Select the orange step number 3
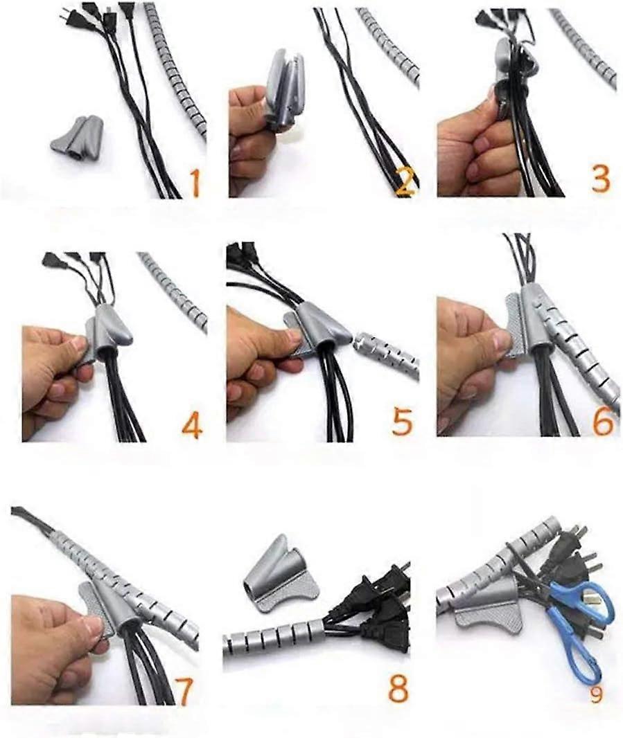[600, 177]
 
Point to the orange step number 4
[192, 424]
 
